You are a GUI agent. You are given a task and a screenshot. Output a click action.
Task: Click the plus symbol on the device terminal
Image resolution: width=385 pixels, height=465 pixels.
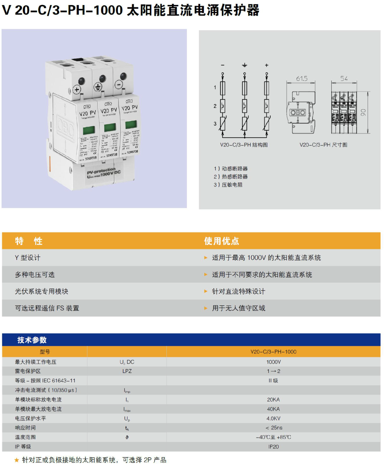[77, 90]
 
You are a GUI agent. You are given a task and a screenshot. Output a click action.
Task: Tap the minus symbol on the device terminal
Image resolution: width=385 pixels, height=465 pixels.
[118, 84]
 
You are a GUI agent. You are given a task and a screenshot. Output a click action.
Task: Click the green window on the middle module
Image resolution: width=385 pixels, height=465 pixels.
[110, 127]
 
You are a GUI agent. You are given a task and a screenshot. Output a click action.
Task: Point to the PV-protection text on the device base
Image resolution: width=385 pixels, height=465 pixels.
[101, 171]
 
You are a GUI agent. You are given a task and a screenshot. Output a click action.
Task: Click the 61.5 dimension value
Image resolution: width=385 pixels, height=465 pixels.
[302, 78]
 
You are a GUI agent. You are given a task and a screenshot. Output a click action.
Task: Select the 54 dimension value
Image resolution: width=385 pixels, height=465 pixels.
[344, 78]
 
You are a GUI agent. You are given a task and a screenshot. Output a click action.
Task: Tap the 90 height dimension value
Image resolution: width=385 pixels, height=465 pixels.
[363, 113]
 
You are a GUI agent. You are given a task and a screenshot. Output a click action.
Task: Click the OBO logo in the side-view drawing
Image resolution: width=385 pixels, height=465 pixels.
[298, 113]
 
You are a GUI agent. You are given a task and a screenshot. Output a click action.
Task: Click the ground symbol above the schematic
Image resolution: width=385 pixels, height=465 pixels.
[245, 65]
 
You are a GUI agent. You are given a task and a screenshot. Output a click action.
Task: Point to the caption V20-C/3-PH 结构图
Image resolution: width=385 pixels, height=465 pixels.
[244, 145]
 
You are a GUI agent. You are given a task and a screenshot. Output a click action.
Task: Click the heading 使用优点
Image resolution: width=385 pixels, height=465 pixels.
[221, 241]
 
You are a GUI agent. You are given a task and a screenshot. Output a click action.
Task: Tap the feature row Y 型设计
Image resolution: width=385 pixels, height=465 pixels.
[28, 258]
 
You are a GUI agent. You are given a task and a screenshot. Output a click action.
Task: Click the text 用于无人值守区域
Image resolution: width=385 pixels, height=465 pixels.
[238, 308]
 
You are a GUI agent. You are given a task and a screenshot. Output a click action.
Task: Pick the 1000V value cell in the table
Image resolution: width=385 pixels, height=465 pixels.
[273, 362]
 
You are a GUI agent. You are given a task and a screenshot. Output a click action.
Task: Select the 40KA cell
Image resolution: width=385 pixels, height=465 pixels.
[273, 409]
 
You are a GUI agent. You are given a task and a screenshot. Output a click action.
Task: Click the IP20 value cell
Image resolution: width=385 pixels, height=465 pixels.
[273, 447]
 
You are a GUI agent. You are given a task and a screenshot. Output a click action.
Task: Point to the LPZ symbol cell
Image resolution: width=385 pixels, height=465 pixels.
[127, 371]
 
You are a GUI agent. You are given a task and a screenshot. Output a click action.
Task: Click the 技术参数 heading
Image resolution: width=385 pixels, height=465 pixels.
[32, 340]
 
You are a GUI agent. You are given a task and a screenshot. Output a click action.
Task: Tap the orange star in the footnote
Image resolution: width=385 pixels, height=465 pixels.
[17, 460]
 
